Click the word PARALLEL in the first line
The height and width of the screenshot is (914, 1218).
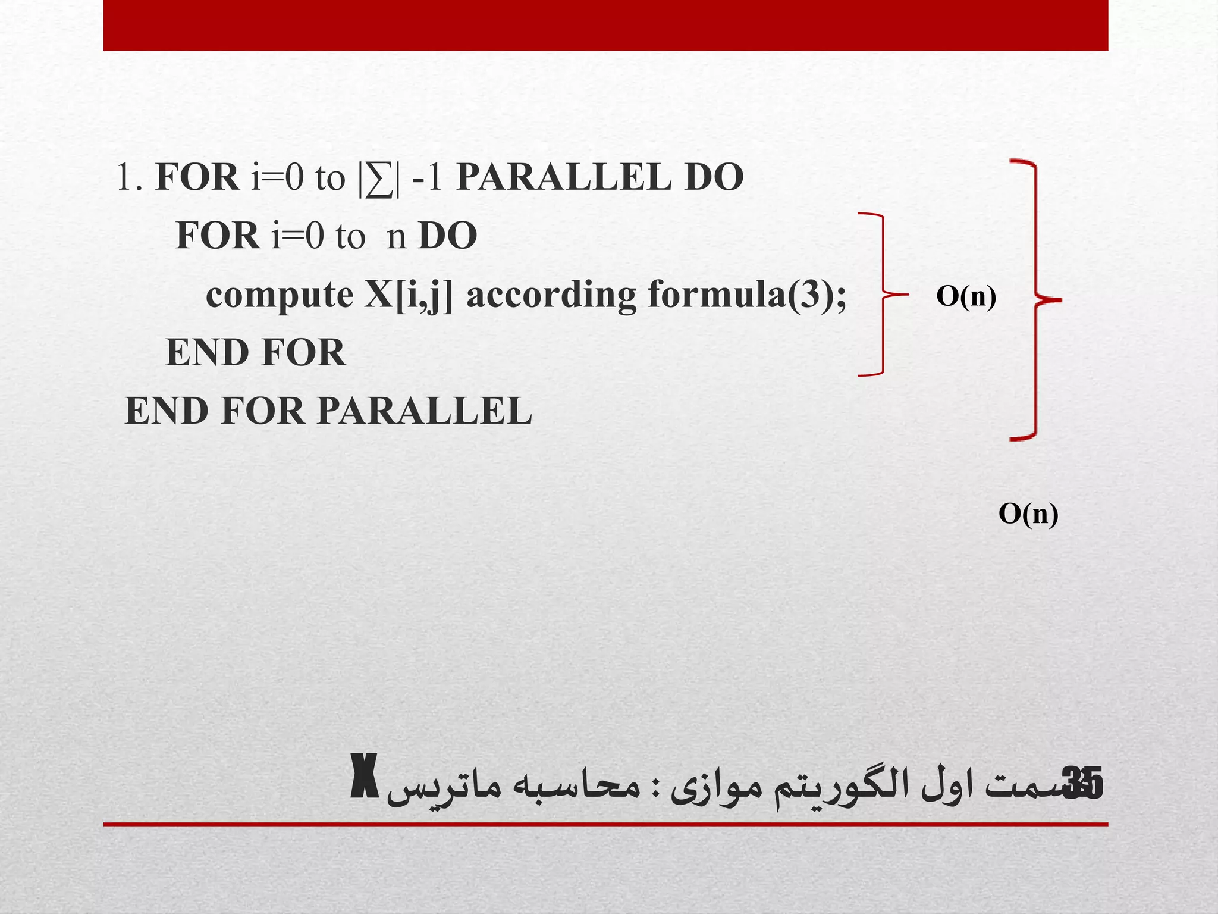563,177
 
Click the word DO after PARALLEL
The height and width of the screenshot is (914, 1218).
714,177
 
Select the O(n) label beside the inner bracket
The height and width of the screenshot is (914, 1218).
966,296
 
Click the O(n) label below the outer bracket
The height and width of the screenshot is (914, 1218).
1028,514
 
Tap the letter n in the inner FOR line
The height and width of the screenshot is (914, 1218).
396,236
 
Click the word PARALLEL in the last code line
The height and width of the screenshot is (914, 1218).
424,411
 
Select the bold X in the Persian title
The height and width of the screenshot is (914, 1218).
363,784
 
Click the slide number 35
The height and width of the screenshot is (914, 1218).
1085,784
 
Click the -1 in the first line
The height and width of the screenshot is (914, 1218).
426,177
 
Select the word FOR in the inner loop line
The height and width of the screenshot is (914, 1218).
217,236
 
